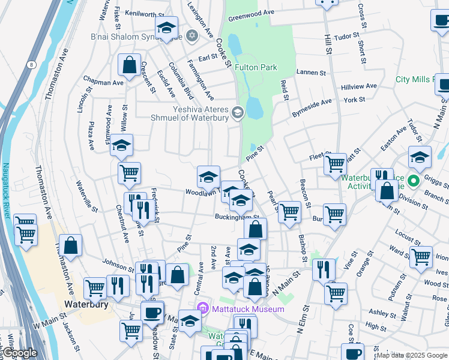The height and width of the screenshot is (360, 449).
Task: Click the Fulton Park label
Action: click(x=256, y=67)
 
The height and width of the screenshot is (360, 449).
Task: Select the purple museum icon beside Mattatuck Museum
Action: click(x=202, y=309)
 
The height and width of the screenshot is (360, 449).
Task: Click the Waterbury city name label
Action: click(x=86, y=304)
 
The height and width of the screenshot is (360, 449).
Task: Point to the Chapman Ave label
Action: click(x=103, y=82)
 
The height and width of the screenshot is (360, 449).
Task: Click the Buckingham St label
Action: click(x=237, y=217)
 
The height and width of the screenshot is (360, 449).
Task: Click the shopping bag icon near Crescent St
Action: click(x=129, y=64)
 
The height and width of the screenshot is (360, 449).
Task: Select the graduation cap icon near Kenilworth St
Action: click(x=166, y=28)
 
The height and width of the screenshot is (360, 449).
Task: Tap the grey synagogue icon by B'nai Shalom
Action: click(x=192, y=35)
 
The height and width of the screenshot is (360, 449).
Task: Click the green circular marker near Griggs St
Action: click(x=414, y=180)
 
